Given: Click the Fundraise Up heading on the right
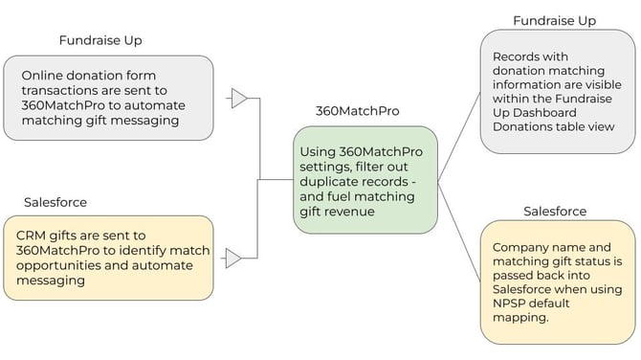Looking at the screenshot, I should coord(555,20).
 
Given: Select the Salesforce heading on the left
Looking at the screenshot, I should coord(55,202).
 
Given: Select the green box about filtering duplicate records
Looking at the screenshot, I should coord(365,179).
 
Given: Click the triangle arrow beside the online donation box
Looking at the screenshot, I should coord(239,98).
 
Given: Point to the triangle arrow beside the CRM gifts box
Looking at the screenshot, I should coord(233,257).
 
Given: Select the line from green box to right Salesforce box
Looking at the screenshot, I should coord(458,225).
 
